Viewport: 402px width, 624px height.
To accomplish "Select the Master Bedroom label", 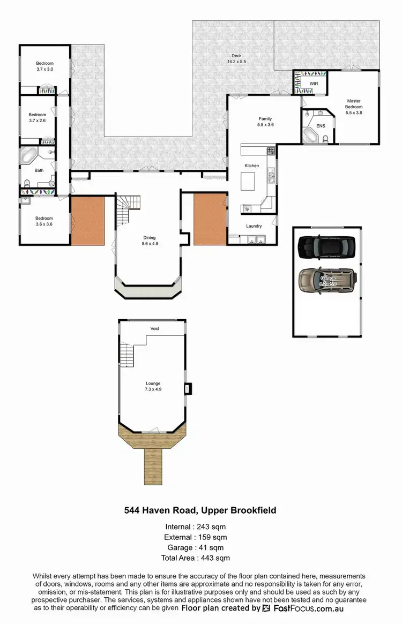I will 354,107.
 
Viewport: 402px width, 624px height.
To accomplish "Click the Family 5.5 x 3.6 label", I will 265,122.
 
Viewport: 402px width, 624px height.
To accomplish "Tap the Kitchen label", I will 251,166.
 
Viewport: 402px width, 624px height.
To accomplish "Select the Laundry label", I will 254,226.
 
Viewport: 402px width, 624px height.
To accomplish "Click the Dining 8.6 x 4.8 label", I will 150,240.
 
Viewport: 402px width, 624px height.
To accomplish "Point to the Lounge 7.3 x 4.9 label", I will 153,386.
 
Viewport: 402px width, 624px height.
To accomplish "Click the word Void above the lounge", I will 154,328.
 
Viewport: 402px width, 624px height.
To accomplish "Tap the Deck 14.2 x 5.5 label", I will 236,59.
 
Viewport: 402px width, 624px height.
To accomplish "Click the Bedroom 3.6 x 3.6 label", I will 44,221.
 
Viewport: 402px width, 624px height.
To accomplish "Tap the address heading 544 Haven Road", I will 200,510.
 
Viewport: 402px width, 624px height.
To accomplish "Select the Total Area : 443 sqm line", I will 200,558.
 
